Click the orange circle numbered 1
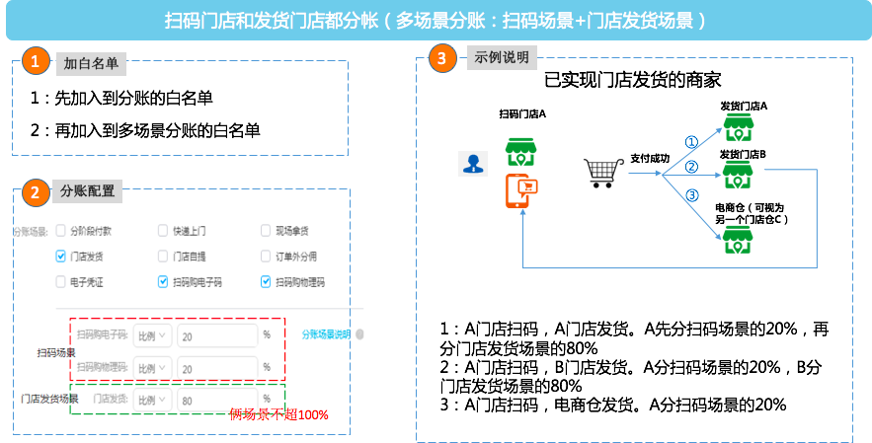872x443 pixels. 36,61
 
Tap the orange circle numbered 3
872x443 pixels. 441,58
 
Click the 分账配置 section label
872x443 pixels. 87,190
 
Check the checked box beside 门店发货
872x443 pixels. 61,257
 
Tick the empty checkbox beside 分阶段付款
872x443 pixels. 61,231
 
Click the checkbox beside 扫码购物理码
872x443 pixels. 266,282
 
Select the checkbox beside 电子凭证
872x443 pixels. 61,282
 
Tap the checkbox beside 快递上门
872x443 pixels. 163,231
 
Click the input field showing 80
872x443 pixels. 216,401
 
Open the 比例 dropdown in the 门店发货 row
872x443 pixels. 152,401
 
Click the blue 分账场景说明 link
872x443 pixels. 326,334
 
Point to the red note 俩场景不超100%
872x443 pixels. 278,414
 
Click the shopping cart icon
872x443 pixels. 602,173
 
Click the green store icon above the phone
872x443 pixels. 520,151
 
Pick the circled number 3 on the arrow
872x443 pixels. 692,195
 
